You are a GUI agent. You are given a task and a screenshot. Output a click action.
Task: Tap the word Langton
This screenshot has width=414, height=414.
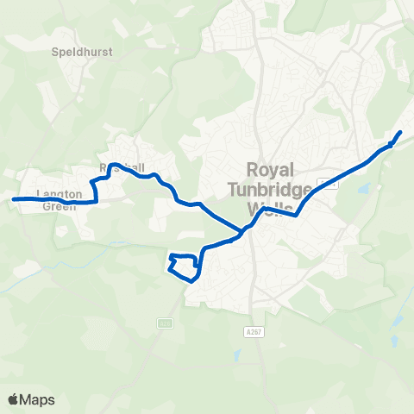(60, 194)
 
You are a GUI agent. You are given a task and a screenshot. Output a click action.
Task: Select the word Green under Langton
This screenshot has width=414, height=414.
(60, 206)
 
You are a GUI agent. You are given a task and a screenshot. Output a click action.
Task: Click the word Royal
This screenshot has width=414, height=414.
(272, 168)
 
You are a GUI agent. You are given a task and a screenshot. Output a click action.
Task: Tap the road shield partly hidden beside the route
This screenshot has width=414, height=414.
(327, 182)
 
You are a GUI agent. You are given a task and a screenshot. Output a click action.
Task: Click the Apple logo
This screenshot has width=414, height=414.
(13, 399)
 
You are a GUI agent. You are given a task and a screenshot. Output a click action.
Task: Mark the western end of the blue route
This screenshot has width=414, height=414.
(13, 199)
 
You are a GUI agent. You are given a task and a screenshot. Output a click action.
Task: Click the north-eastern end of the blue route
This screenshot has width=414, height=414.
(401, 132)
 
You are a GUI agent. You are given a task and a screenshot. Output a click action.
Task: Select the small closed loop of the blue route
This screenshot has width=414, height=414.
(183, 267)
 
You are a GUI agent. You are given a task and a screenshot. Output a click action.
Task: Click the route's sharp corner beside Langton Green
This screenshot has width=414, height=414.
(96, 202)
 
